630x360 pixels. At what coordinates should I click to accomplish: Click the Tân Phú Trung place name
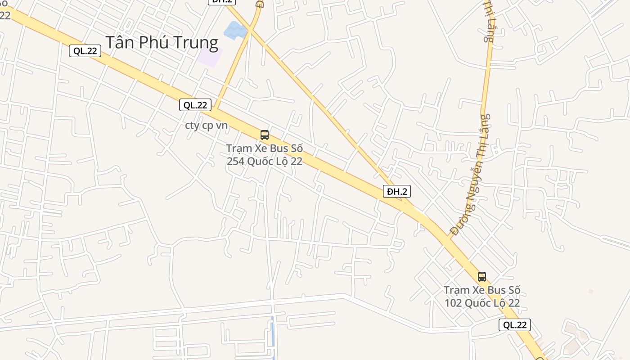pos(162,42)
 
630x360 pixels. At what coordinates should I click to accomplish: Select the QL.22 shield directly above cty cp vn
pos(195,105)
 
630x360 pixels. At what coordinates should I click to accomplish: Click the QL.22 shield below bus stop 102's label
pos(515,325)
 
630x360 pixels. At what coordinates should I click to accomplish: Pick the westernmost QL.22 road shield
pos(85,51)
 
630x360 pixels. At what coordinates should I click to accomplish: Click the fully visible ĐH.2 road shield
pos(397,191)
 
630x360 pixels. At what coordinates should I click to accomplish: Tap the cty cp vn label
pos(207,125)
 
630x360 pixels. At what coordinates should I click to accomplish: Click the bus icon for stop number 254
pos(265,135)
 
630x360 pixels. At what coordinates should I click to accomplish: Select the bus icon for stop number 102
pos(482,276)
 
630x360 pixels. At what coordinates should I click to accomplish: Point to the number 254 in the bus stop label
pos(235,161)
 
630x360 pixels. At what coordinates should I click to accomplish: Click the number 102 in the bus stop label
pos(453,303)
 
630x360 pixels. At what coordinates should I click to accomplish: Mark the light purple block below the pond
pos(210,57)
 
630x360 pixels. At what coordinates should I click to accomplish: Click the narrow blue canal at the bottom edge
pos(273,337)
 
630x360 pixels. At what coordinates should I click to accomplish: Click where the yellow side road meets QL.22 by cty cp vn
pos(216,108)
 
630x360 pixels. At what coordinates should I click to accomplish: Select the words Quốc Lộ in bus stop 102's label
pos(488,303)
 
